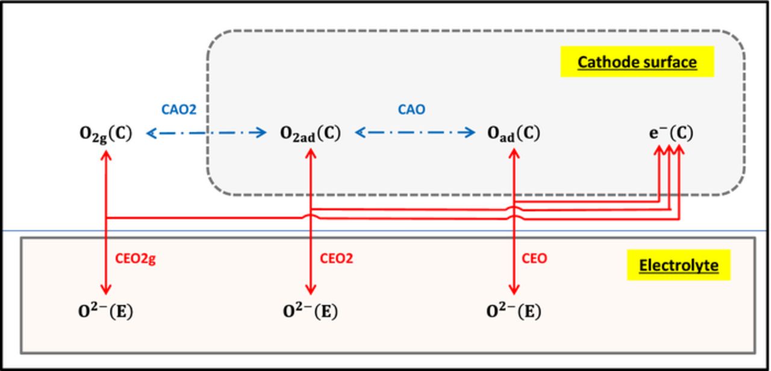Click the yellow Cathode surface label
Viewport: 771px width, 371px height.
(637, 62)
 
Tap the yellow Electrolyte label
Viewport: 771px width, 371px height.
(678, 265)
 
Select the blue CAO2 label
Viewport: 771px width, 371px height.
(179, 110)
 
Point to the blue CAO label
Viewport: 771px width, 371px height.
(413, 110)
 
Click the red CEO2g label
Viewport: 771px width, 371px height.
(139, 258)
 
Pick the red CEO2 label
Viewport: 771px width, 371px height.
(336, 258)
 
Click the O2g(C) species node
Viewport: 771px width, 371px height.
(106, 133)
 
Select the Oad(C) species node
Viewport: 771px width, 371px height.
(514, 133)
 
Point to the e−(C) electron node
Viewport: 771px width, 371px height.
(670, 133)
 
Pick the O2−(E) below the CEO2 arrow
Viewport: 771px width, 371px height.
(310, 311)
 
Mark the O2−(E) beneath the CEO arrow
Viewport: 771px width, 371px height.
(513, 311)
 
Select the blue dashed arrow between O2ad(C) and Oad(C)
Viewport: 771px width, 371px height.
(414, 132)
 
